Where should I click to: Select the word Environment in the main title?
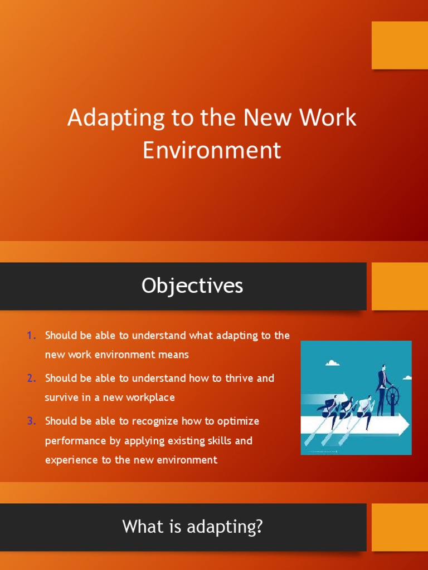click(x=212, y=150)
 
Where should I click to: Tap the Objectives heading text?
click(x=192, y=286)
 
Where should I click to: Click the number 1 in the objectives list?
click(x=30, y=335)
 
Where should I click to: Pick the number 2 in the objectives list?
click(x=30, y=378)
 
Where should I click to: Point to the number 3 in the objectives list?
click(x=30, y=421)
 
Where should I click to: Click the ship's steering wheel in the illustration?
click(x=393, y=395)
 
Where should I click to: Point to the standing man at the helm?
click(x=382, y=390)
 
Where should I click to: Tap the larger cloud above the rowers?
click(x=333, y=363)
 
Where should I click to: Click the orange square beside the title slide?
click(x=400, y=45)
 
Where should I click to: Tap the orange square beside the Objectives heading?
click(x=400, y=286)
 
